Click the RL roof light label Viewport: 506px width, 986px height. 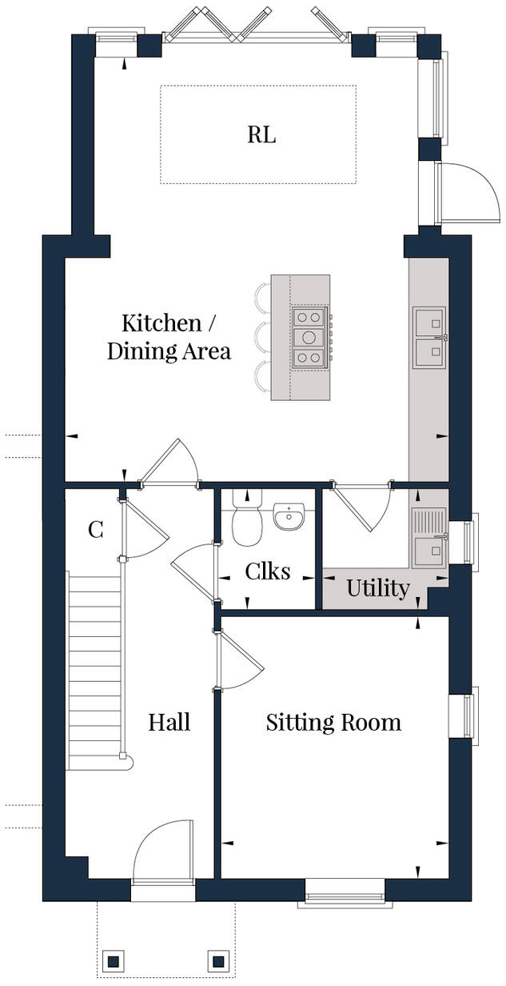coord(261,134)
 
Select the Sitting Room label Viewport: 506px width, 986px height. coord(333,723)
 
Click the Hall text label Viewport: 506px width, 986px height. coord(169,723)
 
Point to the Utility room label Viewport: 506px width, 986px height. coord(377,589)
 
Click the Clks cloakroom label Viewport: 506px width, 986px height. coord(267,571)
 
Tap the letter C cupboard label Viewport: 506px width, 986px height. coord(95,530)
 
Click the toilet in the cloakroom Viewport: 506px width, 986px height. coord(247,520)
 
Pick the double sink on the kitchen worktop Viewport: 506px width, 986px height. coord(429,338)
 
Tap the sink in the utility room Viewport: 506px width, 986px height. coord(429,536)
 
